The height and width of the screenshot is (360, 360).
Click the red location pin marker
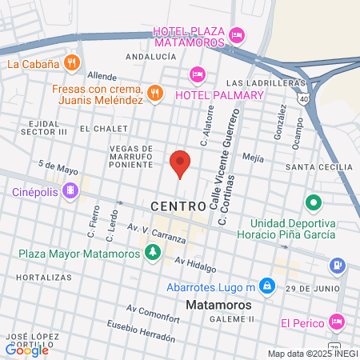(180, 163)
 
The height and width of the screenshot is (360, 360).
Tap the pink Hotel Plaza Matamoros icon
(236, 34)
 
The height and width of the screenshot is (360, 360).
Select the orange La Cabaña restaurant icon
(72, 62)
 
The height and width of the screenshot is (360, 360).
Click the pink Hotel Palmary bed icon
(196, 74)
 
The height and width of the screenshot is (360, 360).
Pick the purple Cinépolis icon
(70, 191)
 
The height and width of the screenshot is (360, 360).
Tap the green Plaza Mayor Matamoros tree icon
(152, 254)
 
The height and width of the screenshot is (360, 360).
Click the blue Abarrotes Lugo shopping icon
(267, 286)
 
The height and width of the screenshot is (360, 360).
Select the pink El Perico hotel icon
(336, 322)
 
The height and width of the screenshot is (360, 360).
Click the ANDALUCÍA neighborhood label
(150, 58)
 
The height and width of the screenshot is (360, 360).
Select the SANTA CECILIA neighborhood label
(318, 166)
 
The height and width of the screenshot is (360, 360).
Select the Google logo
(27, 349)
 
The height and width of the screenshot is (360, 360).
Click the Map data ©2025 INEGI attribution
(311, 354)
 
